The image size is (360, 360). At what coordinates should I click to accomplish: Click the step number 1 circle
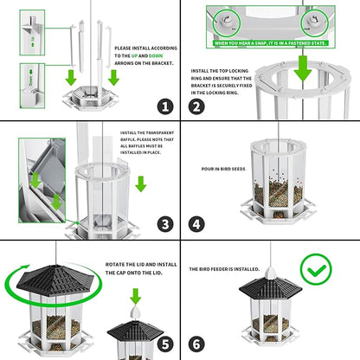point(164,107)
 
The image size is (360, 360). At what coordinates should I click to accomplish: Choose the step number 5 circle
point(164,344)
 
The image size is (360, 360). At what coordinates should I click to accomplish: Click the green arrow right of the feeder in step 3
point(141,183)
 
